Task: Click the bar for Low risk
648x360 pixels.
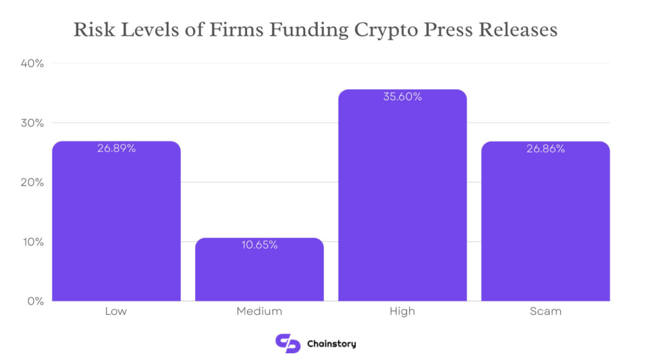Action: coord(116,223)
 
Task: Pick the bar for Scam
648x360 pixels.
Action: coord(545,223)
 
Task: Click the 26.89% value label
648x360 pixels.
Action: coord(116,149)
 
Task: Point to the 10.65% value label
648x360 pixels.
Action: coord(259,245)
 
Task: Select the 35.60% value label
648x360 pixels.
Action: coord(402,97)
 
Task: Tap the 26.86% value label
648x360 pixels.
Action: coord(545,149)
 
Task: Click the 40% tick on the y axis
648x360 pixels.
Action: coord(33,63)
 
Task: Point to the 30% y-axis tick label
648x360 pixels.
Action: coord(33,123)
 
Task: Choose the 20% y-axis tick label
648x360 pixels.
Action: coord(33,182)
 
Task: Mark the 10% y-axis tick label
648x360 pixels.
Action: coord(33,242)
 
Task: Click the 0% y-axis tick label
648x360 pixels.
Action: coord(35,301)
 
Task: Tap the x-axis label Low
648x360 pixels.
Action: coord(116,311)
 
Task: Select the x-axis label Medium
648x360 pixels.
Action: coord(259,311)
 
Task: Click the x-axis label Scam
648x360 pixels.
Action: coord(545,311)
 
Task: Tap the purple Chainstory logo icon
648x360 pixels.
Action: coord(287,343)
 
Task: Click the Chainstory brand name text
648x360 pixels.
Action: coord(331,344)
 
